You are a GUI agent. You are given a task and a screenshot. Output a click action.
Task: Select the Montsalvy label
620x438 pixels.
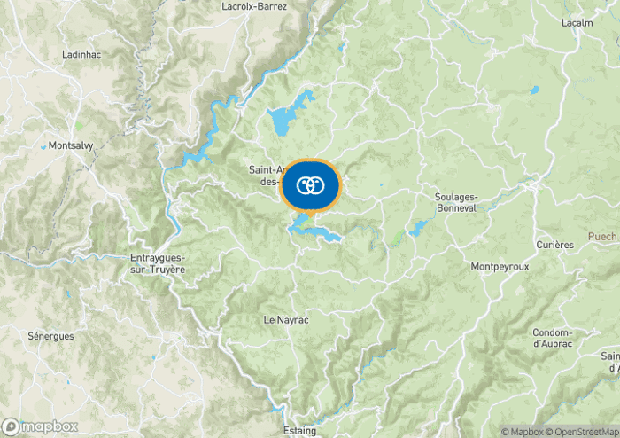click(72, 145)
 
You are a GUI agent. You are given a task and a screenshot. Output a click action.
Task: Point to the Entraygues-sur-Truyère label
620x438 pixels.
click(151, 263)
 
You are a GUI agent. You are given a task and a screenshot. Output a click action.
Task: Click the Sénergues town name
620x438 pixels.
click(50, 336)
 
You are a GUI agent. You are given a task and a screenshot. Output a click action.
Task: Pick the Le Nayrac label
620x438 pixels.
click(286, 319)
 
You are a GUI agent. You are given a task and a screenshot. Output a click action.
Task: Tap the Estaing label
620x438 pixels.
click(299, 431)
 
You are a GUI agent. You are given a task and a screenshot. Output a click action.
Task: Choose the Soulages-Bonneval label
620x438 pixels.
click(457, 201)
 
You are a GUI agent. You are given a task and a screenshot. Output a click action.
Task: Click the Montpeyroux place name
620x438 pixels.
click(500, 266)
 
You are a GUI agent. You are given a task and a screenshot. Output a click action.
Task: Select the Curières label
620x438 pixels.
click(555, 244)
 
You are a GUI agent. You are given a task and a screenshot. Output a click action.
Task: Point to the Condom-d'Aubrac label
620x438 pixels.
click(553, 338)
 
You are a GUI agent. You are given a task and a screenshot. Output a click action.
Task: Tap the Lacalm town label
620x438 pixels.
click(577, 22)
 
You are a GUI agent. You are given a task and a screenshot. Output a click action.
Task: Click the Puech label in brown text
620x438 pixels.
click(602, 237)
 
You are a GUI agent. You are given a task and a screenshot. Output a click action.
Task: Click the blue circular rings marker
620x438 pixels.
click(309, 185)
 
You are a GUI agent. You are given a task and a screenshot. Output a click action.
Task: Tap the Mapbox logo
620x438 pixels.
click(40, 426)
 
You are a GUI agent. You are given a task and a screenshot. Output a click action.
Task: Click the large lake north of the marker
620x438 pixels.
click(287, 116)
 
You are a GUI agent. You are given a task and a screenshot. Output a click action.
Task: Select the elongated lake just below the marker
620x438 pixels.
click(314, 231)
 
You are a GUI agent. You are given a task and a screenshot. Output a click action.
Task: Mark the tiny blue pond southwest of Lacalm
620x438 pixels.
click(533, 90)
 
